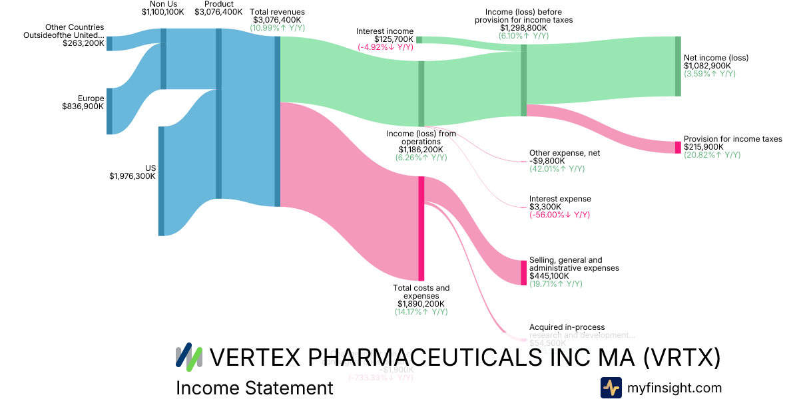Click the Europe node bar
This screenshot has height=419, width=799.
(110, 111)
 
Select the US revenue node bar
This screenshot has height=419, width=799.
(161, 181)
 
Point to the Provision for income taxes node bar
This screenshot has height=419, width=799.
(678, 148)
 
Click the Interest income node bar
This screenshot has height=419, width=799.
(419, 40)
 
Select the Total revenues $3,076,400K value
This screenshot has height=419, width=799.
(278, 20)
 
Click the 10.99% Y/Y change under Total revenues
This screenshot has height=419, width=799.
(278, 28)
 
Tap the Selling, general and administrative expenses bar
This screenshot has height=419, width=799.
(523, 273)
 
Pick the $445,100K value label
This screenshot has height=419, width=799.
(549, 276)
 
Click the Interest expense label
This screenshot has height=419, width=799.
(560, 199)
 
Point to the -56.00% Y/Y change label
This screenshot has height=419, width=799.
(559, 215)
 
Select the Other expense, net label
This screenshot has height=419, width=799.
(564, 153)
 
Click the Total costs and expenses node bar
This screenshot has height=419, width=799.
(421, 228)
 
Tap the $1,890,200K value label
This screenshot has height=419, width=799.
(421, 304)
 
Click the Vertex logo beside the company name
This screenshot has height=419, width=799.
(188, 357)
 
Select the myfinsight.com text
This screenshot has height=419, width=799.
(674, 388)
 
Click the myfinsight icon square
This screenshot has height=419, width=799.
(611, 388)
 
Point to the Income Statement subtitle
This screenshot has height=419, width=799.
(254, 388)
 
